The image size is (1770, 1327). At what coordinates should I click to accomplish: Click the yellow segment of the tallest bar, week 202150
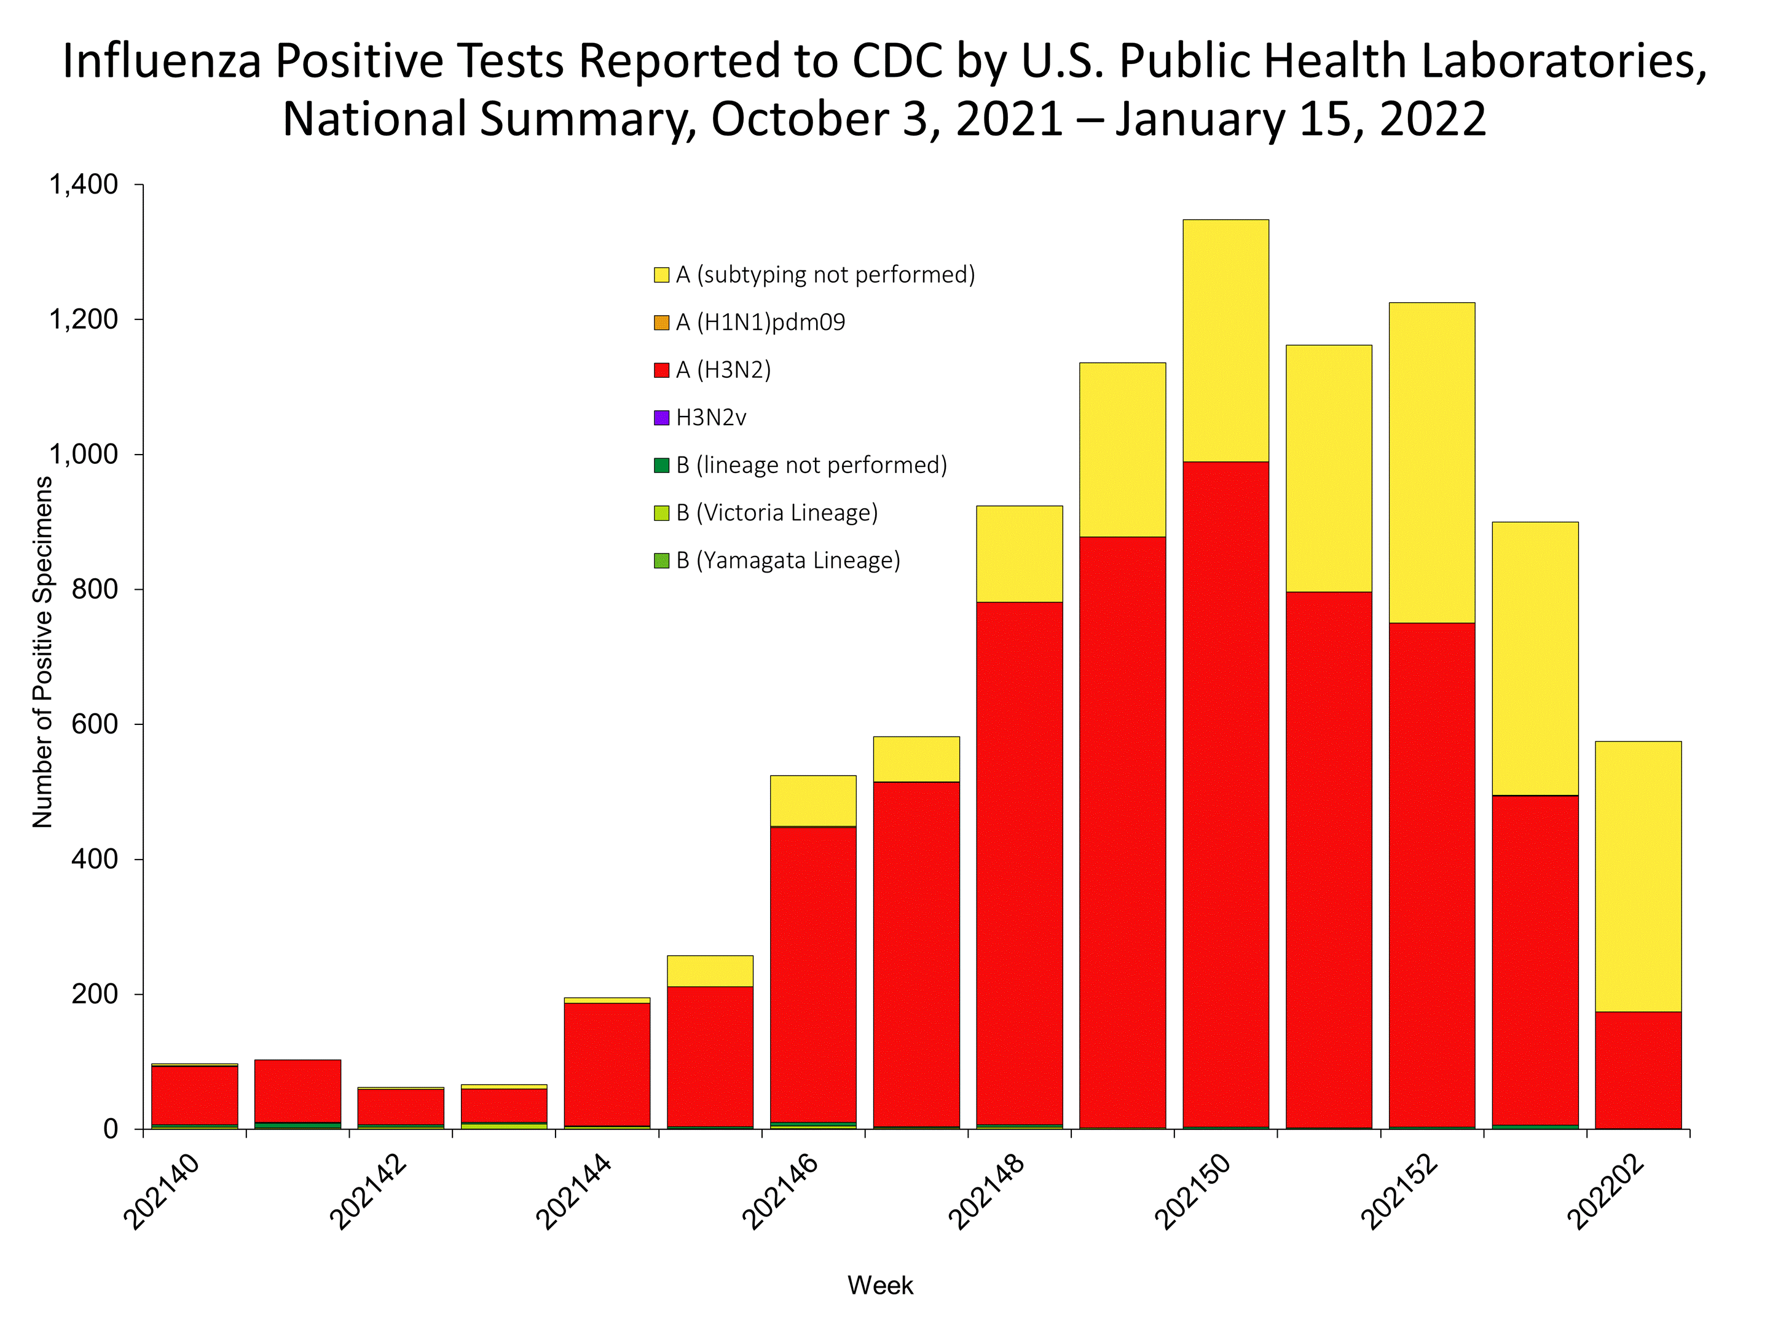1225,340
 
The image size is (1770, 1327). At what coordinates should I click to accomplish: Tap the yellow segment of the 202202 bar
1637,876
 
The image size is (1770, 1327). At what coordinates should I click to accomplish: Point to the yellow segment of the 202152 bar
1431,463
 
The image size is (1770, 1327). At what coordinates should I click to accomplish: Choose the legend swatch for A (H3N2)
661,370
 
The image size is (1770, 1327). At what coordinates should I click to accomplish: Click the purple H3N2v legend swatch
661,418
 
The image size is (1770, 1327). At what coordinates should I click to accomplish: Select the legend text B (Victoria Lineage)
776,513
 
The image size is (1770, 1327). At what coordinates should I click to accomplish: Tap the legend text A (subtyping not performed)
825,275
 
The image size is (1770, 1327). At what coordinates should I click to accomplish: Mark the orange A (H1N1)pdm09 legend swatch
661,323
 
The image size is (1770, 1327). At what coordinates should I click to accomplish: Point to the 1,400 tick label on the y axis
84,185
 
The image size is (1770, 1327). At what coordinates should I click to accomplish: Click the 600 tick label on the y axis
95,724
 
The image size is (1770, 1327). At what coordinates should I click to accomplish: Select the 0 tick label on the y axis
111,1129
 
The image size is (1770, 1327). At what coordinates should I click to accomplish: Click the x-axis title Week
880,1285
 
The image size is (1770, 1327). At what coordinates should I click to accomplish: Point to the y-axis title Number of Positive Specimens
42,652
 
